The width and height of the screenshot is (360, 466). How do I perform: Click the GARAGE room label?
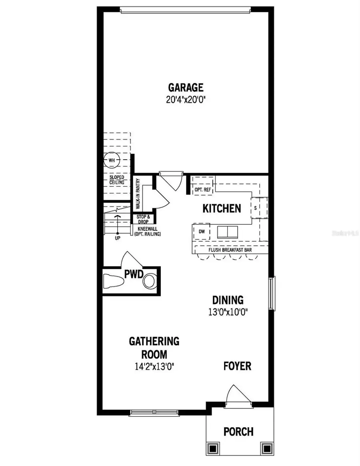pyautogui.click(x=186, y=87)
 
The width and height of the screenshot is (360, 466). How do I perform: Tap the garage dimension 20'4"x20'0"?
pyautogui.click(x=186, y=99)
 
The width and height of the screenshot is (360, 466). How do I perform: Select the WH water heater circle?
pyautogui.click(x=111, y=160)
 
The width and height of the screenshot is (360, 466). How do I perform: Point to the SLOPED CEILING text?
pyautogui.click(x=117, y=180)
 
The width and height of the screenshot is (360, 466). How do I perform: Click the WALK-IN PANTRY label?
pyautogui.click(x=138, y=194)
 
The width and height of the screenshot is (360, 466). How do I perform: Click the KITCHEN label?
pyautogui.click(x=222, y=208)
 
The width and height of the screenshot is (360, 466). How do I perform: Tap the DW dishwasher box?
pyautogui.click(x=201, y=231)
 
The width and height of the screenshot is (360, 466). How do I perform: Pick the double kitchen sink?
pyautogui.click(x=227, y=232)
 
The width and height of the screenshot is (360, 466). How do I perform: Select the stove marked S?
pyautogui.click(x=256, y=208)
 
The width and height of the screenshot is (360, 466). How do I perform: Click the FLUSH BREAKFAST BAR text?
pyautogui.click(x=230, y=250)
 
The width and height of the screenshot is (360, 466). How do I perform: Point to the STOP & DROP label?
pyautogui.click(x=143, y=219)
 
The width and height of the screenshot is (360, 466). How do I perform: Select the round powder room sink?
pyautogui.click(x=150, y=280)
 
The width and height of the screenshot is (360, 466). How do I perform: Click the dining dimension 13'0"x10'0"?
pyautogui.click(x=228, y=312)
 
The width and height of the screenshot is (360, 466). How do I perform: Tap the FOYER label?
pyautogui.click(x=237, y=366)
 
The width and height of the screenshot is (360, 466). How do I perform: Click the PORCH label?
pyautogui.click(x=238, y=432)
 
